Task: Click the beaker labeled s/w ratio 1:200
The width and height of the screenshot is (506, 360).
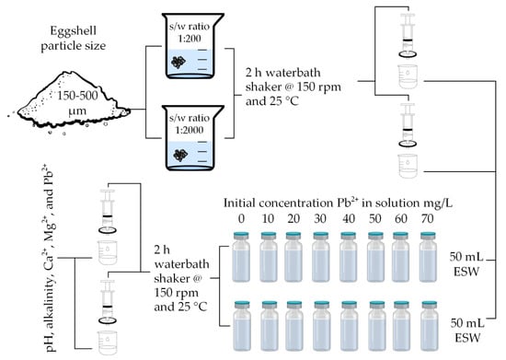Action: pos(193,46)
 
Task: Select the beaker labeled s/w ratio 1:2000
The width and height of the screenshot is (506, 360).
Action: pos(193,138)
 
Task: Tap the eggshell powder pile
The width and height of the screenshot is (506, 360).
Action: pos(71,100)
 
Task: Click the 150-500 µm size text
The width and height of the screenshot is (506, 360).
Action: pos(77,103)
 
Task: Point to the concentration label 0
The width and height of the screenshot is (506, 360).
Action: pos(241,219)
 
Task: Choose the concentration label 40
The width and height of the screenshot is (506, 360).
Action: pos(349,219)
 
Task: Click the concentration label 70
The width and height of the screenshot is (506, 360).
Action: pos(427,219)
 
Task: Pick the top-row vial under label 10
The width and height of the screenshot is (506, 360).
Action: pos(269,257)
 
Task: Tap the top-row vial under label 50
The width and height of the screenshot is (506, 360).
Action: pos(376,257)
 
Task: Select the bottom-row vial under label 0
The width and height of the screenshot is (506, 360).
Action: pos(242,326)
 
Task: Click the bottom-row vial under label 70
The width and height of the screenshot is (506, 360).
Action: pos(430,326)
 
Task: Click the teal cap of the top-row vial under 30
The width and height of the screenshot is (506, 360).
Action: pos(321,235)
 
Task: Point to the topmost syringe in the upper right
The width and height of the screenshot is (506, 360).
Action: pos(408,36)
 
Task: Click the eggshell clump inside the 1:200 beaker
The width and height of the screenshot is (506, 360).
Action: pos(178,62)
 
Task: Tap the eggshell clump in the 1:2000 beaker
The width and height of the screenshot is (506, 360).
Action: pos(180,156)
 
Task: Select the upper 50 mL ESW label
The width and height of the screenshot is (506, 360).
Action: pos(467,264)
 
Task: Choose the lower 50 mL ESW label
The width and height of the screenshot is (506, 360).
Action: pos(467,330)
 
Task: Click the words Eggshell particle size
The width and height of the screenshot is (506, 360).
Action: pos(74,38)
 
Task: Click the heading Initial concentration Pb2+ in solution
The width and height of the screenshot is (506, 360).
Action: pos(339,203)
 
